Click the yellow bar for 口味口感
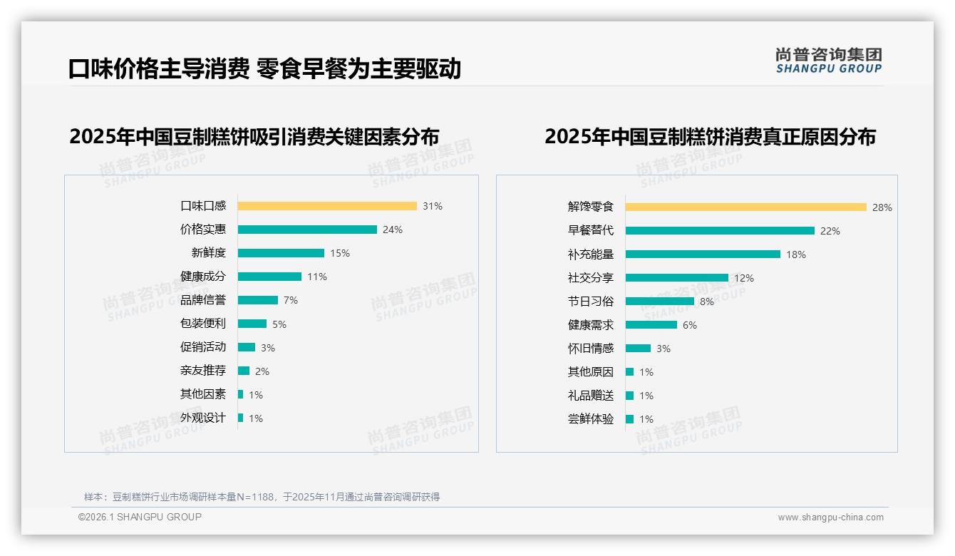[327, 206]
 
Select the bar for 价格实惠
[307, 230]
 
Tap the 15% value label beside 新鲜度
[340, 253]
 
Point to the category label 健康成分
[203, 277]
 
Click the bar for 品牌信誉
[258, 300]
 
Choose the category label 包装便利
[203, 324]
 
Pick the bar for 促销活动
[247, 347]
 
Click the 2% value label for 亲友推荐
[262, 371]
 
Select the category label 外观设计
[203, 418]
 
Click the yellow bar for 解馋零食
[746, 207]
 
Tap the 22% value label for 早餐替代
[830, 231]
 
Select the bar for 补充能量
[703, 254]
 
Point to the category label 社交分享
[591, 278]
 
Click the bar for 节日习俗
[660, 302]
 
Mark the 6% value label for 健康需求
[690, 325]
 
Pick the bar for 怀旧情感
[639, 349]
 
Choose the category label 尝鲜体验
[591, 419]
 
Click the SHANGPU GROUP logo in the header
[829, 61]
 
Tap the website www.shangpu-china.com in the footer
[830, 518]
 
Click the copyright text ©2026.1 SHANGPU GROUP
[140, 517]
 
